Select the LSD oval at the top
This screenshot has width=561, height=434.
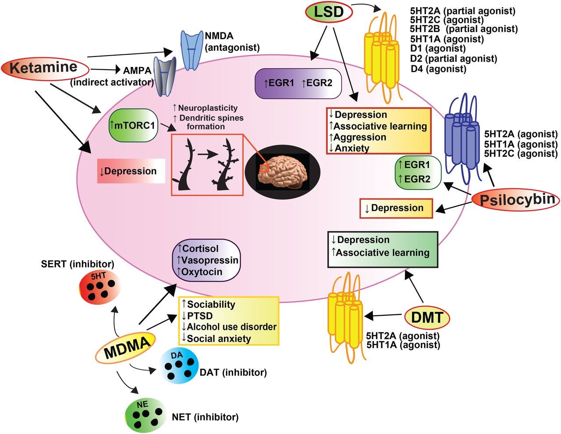point(329,12)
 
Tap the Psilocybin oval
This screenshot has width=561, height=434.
point(516,201)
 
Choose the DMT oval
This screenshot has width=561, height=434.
point(427,318)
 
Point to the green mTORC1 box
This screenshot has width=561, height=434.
point(133,125)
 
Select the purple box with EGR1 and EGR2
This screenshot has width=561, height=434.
point(298,83)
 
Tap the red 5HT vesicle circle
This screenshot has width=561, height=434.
point(99,288)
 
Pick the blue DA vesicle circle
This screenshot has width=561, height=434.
point(179,366)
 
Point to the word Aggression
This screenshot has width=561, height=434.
point(360,138)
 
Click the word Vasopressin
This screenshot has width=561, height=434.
point(209,261)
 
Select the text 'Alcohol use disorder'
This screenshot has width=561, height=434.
point(231,327)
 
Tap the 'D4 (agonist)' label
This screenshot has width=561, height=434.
point(439,69)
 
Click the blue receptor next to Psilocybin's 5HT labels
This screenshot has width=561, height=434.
point(462,139)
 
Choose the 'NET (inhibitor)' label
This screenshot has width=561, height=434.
point(205,417)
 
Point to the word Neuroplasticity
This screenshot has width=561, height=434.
point(208,108)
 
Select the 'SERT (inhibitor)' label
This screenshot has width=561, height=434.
point(78,264)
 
